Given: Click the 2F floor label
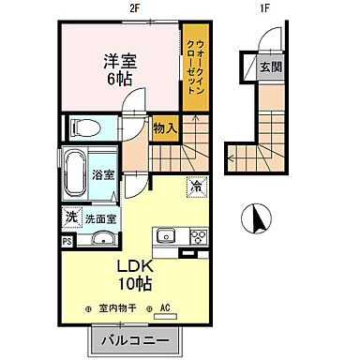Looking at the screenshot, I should point(135,7).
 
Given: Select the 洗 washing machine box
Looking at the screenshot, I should point(71,217).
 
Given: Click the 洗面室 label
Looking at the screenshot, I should point(100,218).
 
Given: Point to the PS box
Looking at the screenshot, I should point(67,241).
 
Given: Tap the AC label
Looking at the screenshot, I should point(164,307).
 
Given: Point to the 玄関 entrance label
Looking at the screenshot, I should point(270,67).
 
